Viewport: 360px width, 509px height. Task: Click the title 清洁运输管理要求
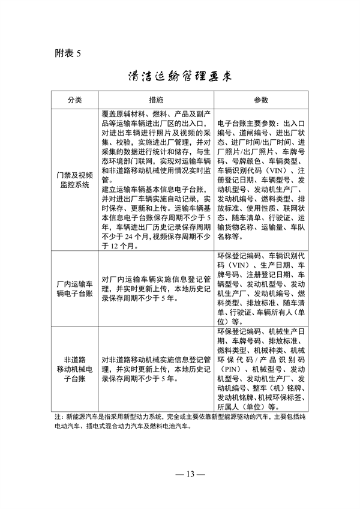[x=180, y=77]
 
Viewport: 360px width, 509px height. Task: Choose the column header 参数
[x=260, y=99]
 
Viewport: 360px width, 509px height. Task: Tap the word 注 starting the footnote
[x=57, y=416]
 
